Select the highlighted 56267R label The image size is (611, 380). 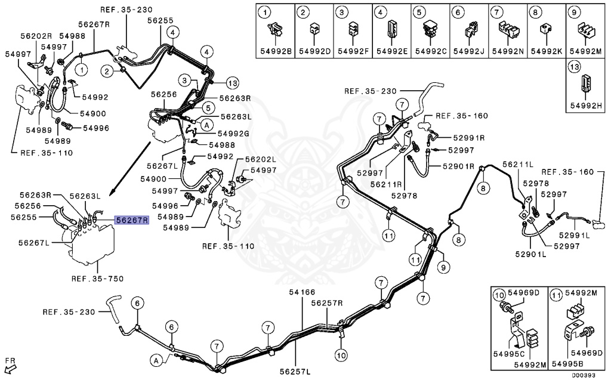click(x=131, y=220)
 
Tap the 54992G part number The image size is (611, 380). click(x=233, y=133)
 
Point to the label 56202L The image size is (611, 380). click(x=257, y=159)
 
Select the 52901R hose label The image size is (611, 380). click(x=458, y=166)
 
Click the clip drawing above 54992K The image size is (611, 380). click(x=545, y=27)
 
